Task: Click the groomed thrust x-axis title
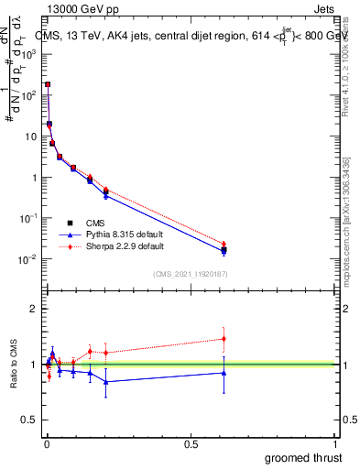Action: click(x=305, y=457)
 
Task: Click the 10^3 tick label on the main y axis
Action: click(x=29, y=54)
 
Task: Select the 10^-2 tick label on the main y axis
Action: click(x=29, y=259)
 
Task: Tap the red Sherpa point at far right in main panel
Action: click(x=224, y=244)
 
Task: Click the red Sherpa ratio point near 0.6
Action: click(x=224, y=339)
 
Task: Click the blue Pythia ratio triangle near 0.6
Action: click(x=224, y=372)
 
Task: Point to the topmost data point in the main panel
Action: click(x=48, y=84)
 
